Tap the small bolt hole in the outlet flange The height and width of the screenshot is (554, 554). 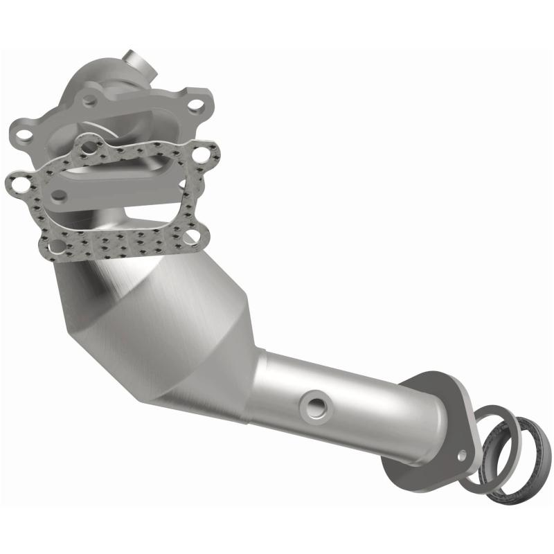coord(462,454)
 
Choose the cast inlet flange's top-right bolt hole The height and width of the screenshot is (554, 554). coord(196,105)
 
